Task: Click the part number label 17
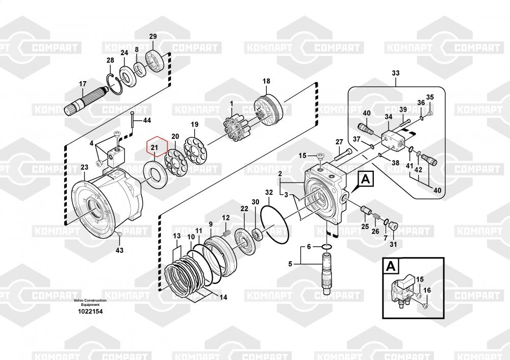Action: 82,84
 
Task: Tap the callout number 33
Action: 396,73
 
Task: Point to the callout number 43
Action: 119,250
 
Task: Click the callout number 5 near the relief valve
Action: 291,264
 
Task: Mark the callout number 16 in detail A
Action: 427,290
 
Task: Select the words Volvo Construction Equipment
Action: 90,302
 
